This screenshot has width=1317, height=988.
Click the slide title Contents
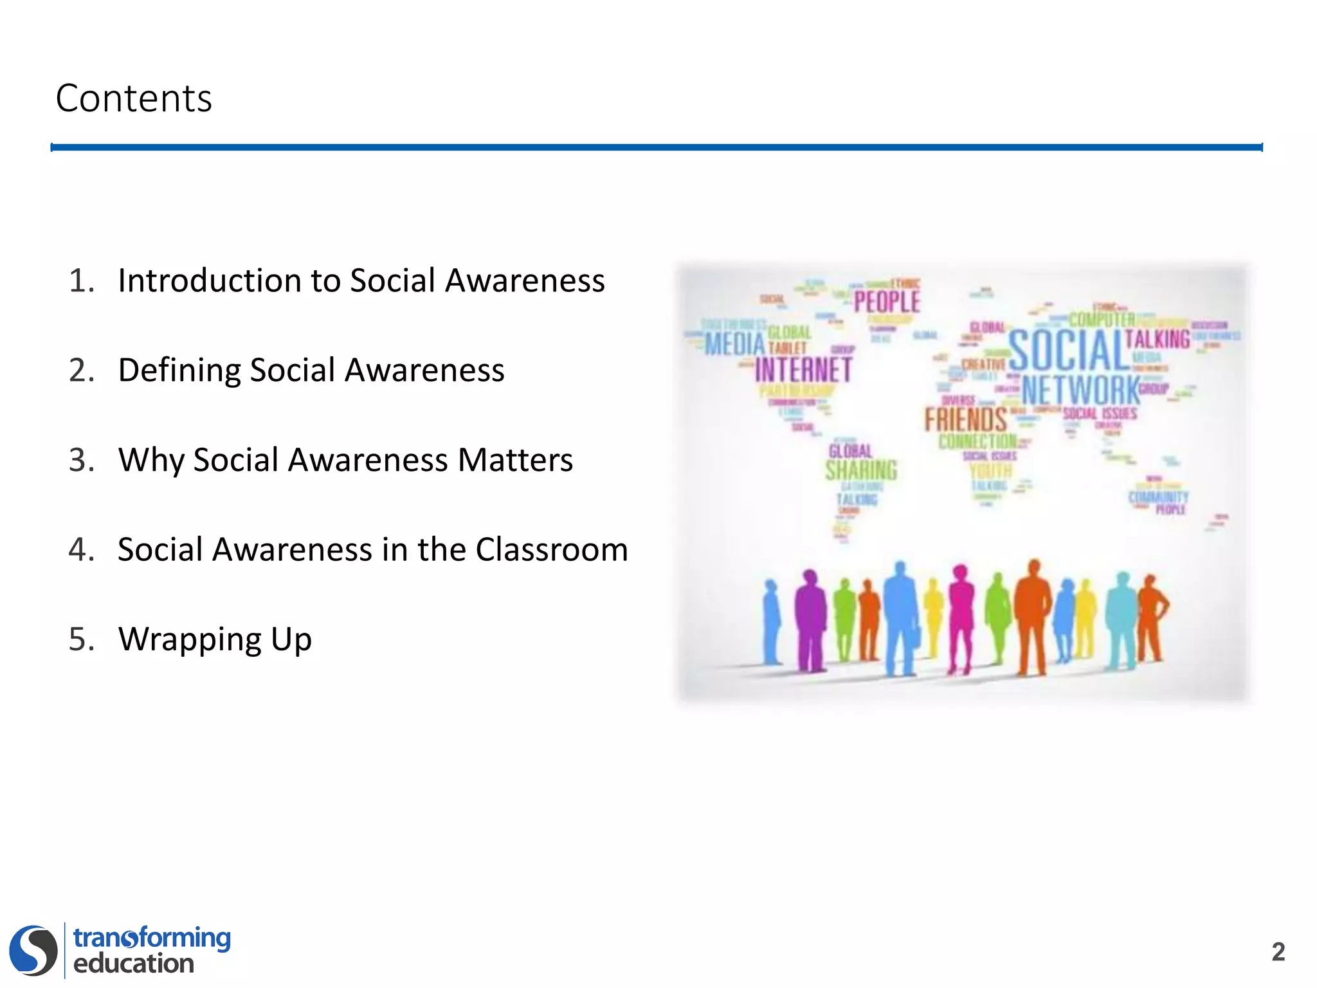134,98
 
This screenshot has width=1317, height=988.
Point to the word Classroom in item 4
551,550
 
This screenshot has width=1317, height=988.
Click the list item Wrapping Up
215,639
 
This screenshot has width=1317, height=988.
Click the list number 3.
81,461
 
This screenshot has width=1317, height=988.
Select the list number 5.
81,639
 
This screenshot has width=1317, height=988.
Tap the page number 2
1278,951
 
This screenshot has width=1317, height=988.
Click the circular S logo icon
33,950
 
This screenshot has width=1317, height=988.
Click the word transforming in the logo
152,938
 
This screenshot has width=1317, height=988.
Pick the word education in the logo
134,964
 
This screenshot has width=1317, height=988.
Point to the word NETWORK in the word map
1080,390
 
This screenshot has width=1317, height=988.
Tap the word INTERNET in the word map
803,370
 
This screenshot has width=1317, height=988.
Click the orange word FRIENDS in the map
965,420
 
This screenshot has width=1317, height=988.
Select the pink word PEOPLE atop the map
887,301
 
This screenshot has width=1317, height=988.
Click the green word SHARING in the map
861,470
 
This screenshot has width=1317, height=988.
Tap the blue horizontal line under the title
656,147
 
